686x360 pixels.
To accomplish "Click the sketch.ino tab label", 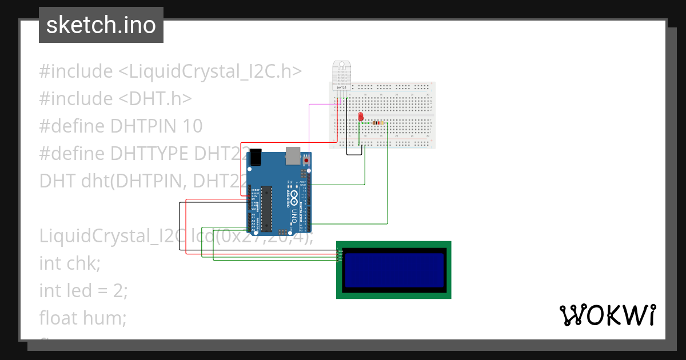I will [x=101, y=25].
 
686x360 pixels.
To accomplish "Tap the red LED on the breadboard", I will [x=360, y=117].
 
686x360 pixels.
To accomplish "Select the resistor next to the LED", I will [x=376, y=123].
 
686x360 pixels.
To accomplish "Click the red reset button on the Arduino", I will [x=306, y=161].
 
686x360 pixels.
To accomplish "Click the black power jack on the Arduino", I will [x=256, y=156].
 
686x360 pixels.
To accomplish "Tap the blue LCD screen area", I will [x=394, y=270].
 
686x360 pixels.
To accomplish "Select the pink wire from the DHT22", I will [x=309, y=123].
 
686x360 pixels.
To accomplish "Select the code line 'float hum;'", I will [x=82, y=318].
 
